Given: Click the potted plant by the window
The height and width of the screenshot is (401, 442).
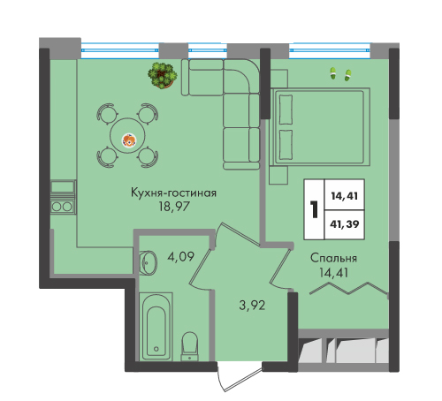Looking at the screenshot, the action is click(163, 75).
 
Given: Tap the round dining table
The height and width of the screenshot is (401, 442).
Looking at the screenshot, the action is click(127, 135).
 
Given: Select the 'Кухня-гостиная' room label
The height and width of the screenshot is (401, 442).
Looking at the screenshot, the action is click(173, 193).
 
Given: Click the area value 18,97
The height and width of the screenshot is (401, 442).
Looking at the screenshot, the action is click(173, 207).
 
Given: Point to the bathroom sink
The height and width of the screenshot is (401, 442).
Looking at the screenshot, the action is click(148, 262).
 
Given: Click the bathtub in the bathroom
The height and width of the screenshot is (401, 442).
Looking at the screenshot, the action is click(156, 326).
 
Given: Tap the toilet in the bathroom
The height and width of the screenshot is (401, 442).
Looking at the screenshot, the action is click(190, 346).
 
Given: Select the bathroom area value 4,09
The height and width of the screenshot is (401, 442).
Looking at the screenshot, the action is click(180, 257).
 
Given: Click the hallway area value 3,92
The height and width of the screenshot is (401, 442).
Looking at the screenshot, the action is click(252, 306).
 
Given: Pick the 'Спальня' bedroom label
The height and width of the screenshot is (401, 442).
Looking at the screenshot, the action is click(333, 258).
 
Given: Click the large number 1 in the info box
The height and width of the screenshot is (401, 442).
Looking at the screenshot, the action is click(315, 209).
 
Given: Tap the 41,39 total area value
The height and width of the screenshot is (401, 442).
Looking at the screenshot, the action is click(345, 224).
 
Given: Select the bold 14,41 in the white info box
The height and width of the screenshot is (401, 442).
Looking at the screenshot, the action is click(345, 196).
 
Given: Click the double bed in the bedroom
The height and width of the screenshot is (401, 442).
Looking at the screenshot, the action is click(320, 126).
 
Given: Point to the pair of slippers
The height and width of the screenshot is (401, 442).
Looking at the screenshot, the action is click(340, 74).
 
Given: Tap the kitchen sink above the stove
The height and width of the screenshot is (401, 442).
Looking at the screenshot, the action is click(63, 186).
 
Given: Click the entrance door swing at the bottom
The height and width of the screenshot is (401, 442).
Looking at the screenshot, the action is click(240, 377).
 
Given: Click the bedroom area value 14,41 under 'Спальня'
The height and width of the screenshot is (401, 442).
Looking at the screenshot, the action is click(333, 273).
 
